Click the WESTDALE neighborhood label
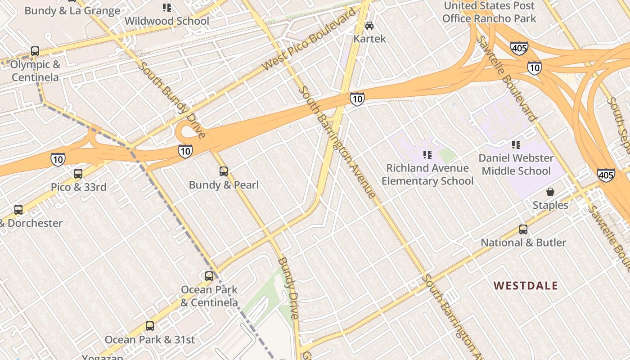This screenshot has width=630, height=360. [x=526, y=286]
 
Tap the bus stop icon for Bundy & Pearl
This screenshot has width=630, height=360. [x=224, y=171]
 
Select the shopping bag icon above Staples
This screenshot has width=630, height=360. [x=550, y=192]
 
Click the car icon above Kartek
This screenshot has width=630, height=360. [x=369, y=26]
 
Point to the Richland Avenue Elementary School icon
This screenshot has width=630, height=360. [x=427, y=155]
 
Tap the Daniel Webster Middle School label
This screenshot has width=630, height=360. [x=516, y=165]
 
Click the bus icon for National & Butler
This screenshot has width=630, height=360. [x=523, y=229]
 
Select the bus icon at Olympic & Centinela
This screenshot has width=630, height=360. [x=35, y=51]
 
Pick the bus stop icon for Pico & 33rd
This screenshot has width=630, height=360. [x=78, y=174]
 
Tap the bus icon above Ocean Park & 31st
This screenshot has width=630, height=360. [x=150, y=326]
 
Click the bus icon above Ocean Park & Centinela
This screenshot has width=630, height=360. [x=209, y=276]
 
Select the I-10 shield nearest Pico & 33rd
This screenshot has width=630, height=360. [x=58, y=159]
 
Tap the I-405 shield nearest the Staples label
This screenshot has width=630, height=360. [x=606, y=175]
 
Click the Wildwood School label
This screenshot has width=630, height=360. [x=166, y=21]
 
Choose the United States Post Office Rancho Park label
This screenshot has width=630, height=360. [x=489, y=12]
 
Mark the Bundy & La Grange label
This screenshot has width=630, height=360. [x=72, y=11]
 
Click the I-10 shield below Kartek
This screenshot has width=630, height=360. [x=357, y=99]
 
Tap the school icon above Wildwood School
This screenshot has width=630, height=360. [x=167, y=8]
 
